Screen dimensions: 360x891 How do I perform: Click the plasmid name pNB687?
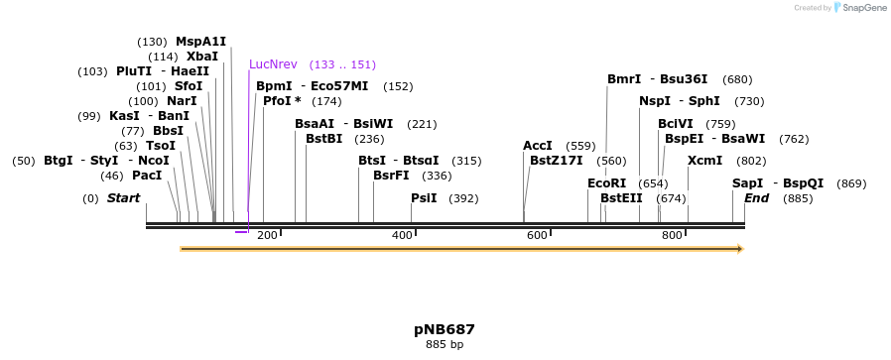click(x=445, y=329)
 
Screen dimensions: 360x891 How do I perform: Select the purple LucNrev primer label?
click(x=273, y=64)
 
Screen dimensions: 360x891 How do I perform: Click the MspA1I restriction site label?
click(x=200, y=42)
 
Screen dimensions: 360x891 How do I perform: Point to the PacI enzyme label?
click(x=146, y=176)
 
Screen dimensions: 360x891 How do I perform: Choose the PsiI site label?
click(x=424, y=197)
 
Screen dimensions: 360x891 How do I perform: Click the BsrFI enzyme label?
click(x=391, y=176)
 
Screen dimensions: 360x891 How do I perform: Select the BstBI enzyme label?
click(x=323, y=139)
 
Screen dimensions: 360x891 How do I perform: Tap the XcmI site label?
click(x=704, y=160)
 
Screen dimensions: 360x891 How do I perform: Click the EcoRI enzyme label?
click(x=607, y=183)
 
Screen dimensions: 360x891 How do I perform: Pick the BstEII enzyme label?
click(x=621, y=198)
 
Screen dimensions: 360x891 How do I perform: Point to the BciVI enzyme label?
click(x=676, y=124)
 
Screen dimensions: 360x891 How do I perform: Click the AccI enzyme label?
click(x=538, y=146)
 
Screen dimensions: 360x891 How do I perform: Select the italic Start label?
click(x=123, y=198)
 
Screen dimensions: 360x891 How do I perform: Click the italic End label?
click(x=757, y=198)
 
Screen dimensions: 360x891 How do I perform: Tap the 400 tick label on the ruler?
click(x=402, y=235)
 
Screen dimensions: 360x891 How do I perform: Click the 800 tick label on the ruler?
click(x=672, y=235)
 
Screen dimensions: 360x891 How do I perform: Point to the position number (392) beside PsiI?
click(x=463, y=198)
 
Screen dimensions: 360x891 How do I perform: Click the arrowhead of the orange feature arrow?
click(x=738, y=249)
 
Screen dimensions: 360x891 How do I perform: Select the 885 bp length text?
click(x=445, y=345)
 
